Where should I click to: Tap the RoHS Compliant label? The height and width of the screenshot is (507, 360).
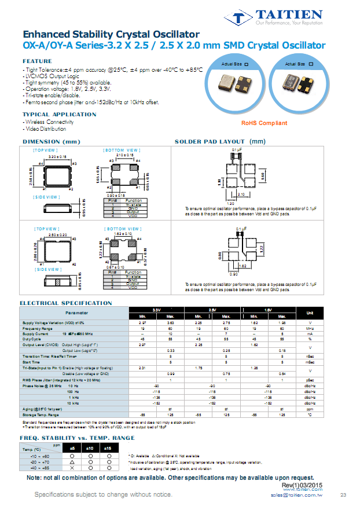(264, 123)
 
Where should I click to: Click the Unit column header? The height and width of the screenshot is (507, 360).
(310, 313)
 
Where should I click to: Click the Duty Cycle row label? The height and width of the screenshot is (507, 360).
(33, 339)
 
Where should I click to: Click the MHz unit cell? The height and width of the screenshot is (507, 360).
(310, 328)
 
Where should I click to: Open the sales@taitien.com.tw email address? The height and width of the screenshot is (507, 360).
(296, 496)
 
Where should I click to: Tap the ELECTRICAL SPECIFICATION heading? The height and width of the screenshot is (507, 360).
(66, 303)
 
